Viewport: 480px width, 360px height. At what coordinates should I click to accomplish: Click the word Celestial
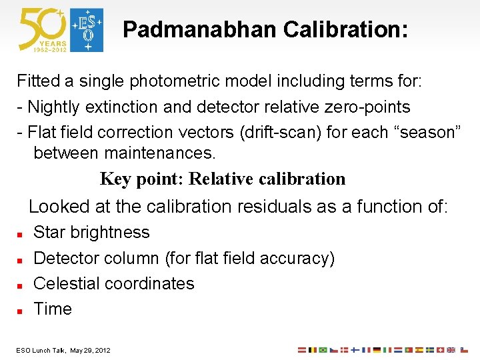(x=69, y=283)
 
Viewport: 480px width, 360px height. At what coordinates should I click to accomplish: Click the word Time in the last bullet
(x=53, y=309)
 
